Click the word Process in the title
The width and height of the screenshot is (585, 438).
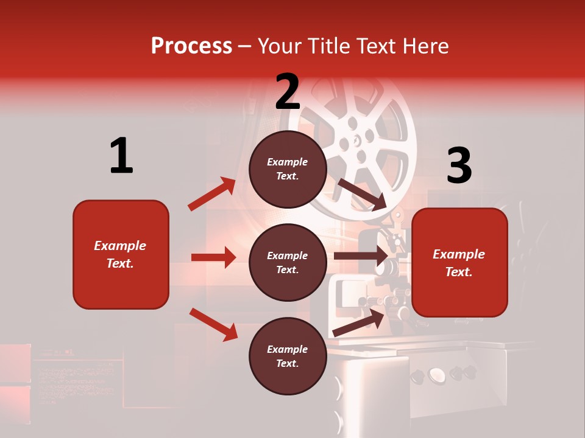[x=191, y=46]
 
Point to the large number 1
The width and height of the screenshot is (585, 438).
[x=121, y=156]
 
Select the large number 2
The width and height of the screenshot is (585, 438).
[x=288, y=92]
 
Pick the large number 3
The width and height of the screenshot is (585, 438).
[x=459, y=165]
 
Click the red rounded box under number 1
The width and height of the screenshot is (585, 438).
[x=121, y=254]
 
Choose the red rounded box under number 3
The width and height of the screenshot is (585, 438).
[x=459, y=263]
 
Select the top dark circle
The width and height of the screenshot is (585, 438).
[x=288, y=169]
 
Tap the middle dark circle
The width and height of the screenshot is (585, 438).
[x=288, y=263]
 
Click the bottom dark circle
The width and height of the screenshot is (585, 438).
[x=288, y=356]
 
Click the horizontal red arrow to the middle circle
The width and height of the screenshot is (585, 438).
[x=213, y=257]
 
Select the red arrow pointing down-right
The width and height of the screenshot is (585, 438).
[x=213, y=324]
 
